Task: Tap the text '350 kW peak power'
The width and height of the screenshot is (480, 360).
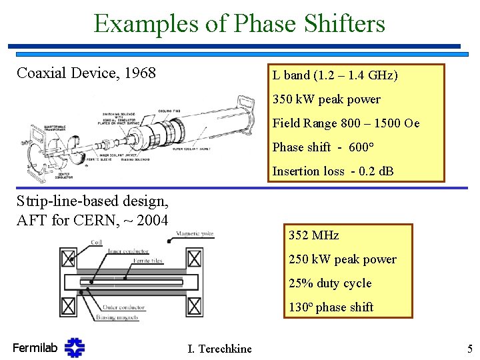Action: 326,99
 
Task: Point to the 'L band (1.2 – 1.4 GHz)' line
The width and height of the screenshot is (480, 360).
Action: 335,75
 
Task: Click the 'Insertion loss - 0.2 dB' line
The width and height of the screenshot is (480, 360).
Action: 333,171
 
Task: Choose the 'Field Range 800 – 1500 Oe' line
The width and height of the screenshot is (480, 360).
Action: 346,123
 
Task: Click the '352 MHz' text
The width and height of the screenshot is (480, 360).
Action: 313,235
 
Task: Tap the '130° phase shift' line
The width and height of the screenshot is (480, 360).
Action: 331,307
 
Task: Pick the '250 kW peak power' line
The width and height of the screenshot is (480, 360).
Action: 343,259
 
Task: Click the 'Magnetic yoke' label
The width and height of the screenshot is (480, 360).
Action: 195,234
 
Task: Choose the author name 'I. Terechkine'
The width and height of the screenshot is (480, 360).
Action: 220,348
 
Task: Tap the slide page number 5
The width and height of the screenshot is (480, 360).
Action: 469,348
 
